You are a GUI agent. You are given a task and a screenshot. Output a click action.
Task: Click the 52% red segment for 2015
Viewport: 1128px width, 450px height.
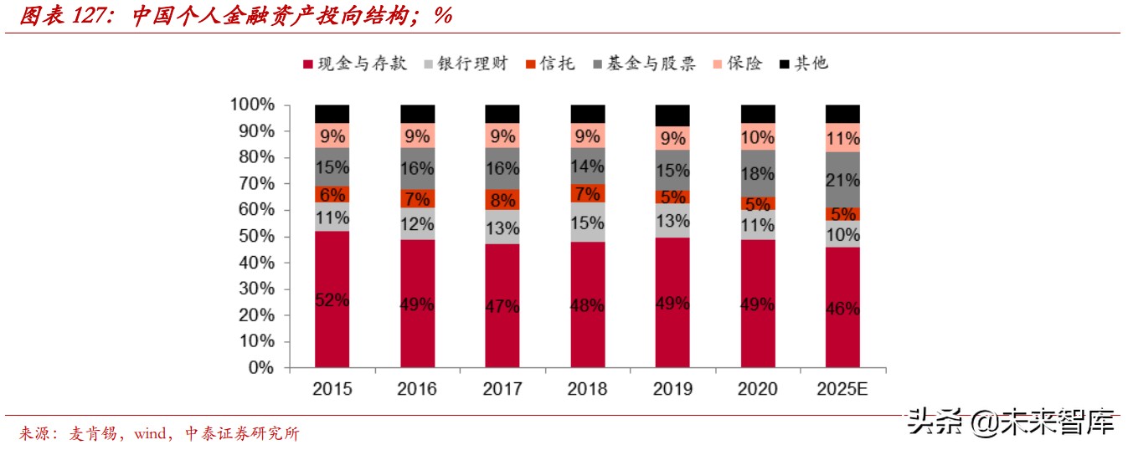click(332, 299)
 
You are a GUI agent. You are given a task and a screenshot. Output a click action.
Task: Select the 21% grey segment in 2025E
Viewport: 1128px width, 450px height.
click(842, 179)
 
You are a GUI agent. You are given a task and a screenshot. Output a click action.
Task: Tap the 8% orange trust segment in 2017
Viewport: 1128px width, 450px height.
click(502, 199)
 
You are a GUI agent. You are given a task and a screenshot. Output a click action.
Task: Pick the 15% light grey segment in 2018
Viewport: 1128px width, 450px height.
click(587, 222)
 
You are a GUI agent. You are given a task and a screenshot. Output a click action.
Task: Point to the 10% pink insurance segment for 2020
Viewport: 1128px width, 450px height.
click(757, 136)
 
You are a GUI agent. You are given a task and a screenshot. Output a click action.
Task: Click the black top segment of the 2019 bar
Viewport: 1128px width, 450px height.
click(672, 115)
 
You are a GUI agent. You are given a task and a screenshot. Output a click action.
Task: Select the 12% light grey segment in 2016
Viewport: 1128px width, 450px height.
click(417, 223)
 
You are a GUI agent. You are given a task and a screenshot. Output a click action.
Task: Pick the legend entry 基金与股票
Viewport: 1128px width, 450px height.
click(654, 64)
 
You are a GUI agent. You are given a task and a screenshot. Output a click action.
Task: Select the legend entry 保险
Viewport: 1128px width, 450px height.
click(744, 64)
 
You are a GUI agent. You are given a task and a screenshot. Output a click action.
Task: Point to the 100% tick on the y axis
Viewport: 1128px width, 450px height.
click(251, 105)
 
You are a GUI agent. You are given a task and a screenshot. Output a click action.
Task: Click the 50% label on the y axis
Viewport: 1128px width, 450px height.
click(255, 236)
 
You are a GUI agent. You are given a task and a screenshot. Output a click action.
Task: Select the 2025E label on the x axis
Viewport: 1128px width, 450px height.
click(842, 389)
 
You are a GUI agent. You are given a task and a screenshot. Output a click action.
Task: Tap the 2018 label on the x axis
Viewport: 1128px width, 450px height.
click(587, 389)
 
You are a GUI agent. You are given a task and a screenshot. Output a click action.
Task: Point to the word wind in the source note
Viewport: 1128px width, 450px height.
click(152, 433)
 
